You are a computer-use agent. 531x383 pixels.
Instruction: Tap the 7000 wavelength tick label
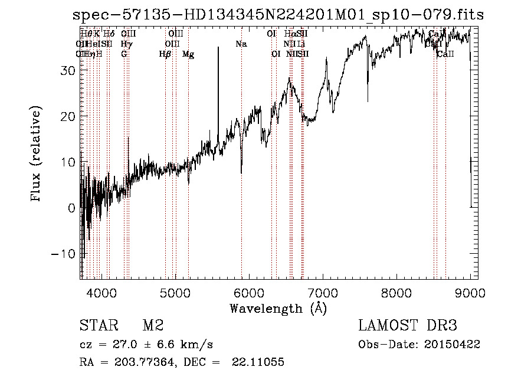[323, 292]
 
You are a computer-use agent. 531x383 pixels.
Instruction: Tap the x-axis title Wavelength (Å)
[278, 308]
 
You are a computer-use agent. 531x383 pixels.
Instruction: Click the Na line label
[241, 44]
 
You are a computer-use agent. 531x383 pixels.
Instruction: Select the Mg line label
[188, 54]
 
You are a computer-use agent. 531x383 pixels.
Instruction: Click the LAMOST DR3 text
[408, 326]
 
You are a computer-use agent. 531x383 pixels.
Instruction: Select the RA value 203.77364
[140, 362]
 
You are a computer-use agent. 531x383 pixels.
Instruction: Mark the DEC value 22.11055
[260, 362]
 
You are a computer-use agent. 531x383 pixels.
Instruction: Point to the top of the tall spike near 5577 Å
[218, 48]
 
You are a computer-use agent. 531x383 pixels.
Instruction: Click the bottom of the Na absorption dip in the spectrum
[241, 173]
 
